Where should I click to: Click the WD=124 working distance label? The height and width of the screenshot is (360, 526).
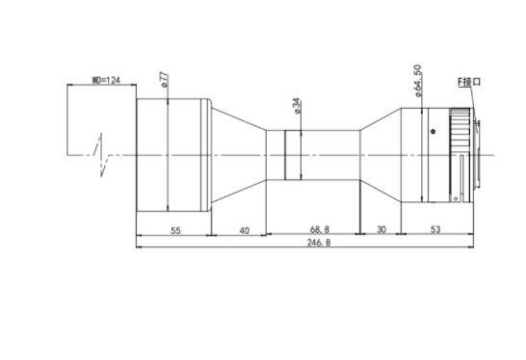click(106, 80)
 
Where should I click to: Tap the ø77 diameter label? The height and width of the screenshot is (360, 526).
click(165, 80)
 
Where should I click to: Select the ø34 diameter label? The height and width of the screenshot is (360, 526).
click(298, 106)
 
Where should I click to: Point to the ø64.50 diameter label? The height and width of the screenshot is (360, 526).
click(418, 81)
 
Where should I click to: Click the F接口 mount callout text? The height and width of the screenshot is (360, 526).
click(469, 82)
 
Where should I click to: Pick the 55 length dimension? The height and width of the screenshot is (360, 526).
click(175, 230)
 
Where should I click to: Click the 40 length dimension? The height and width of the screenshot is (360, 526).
click(245, 230)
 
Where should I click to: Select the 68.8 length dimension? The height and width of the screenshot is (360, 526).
click(320, 229)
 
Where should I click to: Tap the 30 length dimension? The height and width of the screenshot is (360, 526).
click(381, 229)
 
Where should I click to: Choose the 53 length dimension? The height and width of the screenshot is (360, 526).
click(435, 229)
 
